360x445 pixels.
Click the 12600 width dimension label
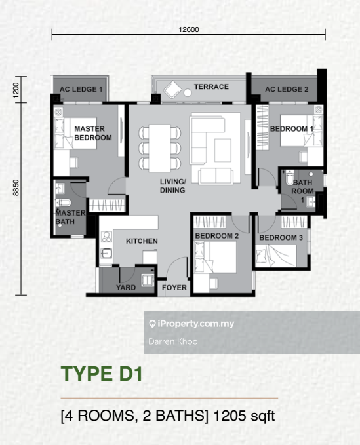189,29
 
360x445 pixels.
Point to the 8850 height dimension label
16,187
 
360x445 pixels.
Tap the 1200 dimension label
16,90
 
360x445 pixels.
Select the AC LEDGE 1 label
81,89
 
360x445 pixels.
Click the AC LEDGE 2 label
287,89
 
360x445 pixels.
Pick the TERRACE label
211,87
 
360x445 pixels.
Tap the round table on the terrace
188,92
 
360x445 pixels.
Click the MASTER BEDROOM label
93,133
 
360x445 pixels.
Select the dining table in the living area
159,148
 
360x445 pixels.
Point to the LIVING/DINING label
172,186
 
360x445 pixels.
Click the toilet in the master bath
64,203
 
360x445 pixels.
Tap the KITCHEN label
142,241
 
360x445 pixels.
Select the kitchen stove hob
106,237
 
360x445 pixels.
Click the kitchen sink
106,254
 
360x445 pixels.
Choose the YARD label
126,288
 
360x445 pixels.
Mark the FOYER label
174,288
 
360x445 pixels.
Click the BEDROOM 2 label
217,236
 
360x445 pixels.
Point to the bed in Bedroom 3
276,256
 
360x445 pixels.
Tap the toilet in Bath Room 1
289,177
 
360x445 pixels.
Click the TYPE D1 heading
102,374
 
